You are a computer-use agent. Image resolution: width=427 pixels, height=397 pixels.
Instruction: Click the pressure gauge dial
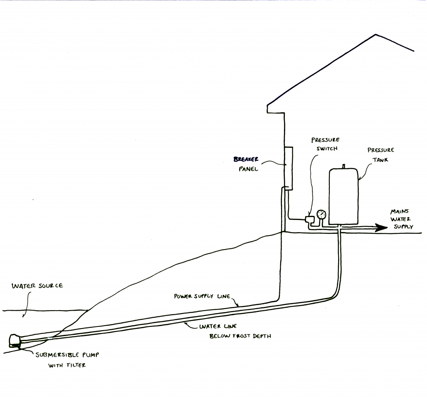[321, 215]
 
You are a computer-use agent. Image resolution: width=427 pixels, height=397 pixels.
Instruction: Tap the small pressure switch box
[310, 219]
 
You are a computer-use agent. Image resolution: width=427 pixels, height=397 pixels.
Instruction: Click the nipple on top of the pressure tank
[344, 166]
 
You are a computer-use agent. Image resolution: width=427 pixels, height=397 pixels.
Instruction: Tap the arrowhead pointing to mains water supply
[379, 228]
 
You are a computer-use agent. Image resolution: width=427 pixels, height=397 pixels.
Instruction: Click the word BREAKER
[246, 159]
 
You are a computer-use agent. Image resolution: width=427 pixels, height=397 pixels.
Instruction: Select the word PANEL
[249, 169]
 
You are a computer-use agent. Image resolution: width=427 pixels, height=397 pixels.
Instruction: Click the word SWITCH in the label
[325, 148]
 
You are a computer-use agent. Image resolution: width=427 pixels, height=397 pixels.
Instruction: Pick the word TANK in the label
[380, 159]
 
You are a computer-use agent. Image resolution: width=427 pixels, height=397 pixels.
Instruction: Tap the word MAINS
[399, 212]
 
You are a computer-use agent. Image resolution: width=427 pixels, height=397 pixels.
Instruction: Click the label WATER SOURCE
[37, 286]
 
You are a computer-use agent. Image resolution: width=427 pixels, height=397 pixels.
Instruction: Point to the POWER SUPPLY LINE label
[201, 296]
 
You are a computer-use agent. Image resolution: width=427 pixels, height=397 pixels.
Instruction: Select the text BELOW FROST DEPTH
[240, 336]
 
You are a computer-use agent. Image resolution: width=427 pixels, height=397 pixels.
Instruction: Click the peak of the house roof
[375, 35]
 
